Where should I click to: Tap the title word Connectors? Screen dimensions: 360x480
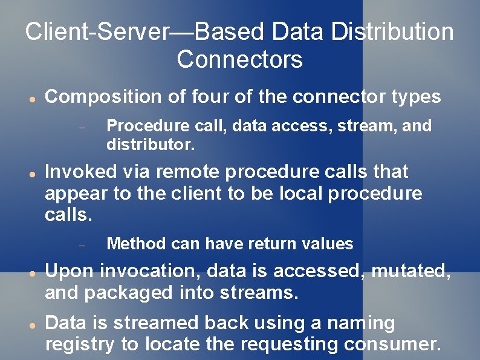tap(239, 60)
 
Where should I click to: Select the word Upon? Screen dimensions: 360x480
tap(69, 271)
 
